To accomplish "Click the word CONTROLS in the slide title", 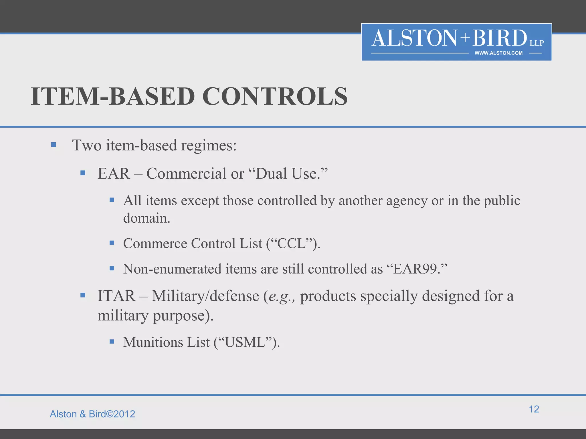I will (x=275, y=97).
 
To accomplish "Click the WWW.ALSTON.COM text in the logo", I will (x=498, y=53).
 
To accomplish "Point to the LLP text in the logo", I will (x=536, y=43).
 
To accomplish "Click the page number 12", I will (x=534, y=409).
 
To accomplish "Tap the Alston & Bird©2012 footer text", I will (x=92, y=414).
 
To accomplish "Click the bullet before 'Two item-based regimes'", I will (x=54, y=145).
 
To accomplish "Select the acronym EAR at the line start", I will (x=114, y=173).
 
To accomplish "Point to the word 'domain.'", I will (x=147, y=218).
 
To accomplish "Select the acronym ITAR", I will (x=116, y=296).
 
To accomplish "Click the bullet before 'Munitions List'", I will (x=112, y=341).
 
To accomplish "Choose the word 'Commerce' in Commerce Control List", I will (x=155, y=244).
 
